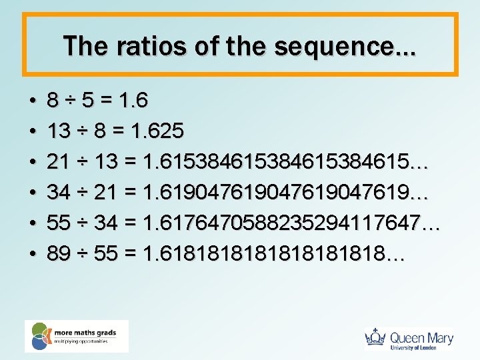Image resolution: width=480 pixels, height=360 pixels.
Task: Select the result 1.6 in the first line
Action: point(132,101)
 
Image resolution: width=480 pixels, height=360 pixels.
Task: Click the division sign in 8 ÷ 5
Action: point(69,101)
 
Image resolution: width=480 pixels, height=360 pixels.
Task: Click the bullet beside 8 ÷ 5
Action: point(32,102)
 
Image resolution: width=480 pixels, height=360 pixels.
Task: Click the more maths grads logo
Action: point(76,336)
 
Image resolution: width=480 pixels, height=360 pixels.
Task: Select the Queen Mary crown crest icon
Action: point(377,339)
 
